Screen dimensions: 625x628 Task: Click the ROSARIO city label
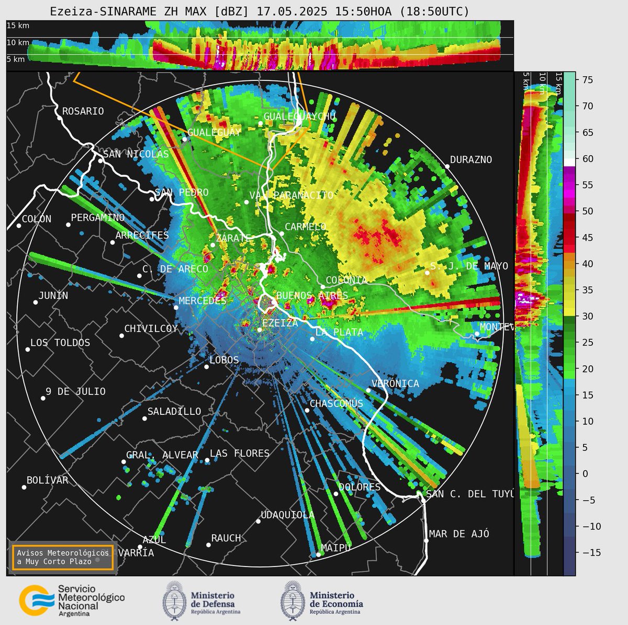click(x=83, y=111)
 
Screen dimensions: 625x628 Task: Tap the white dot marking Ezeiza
click(x=259, y=329)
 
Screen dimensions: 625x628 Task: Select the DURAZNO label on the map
click(x=470, y=160)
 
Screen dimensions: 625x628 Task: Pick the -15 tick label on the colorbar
click(x=585, y=553)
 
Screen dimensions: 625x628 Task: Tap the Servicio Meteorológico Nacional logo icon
click(x=36, y=600)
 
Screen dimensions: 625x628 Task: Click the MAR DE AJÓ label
click(x=459, y=534)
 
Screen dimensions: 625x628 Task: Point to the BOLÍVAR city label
click(x=47, y=480)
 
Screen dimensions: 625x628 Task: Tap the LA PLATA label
click(x=339, y=332)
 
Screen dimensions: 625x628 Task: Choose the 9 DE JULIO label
click(x=75, y=391)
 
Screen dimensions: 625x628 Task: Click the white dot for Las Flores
click(x=207, y=460)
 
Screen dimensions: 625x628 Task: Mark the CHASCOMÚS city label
click(x=336, y=403)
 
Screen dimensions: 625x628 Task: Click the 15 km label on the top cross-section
click(x=17, y=25)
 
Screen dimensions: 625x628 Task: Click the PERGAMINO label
click(x=98, y=217)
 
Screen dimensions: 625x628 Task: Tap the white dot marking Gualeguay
click(x=184, y=139)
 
